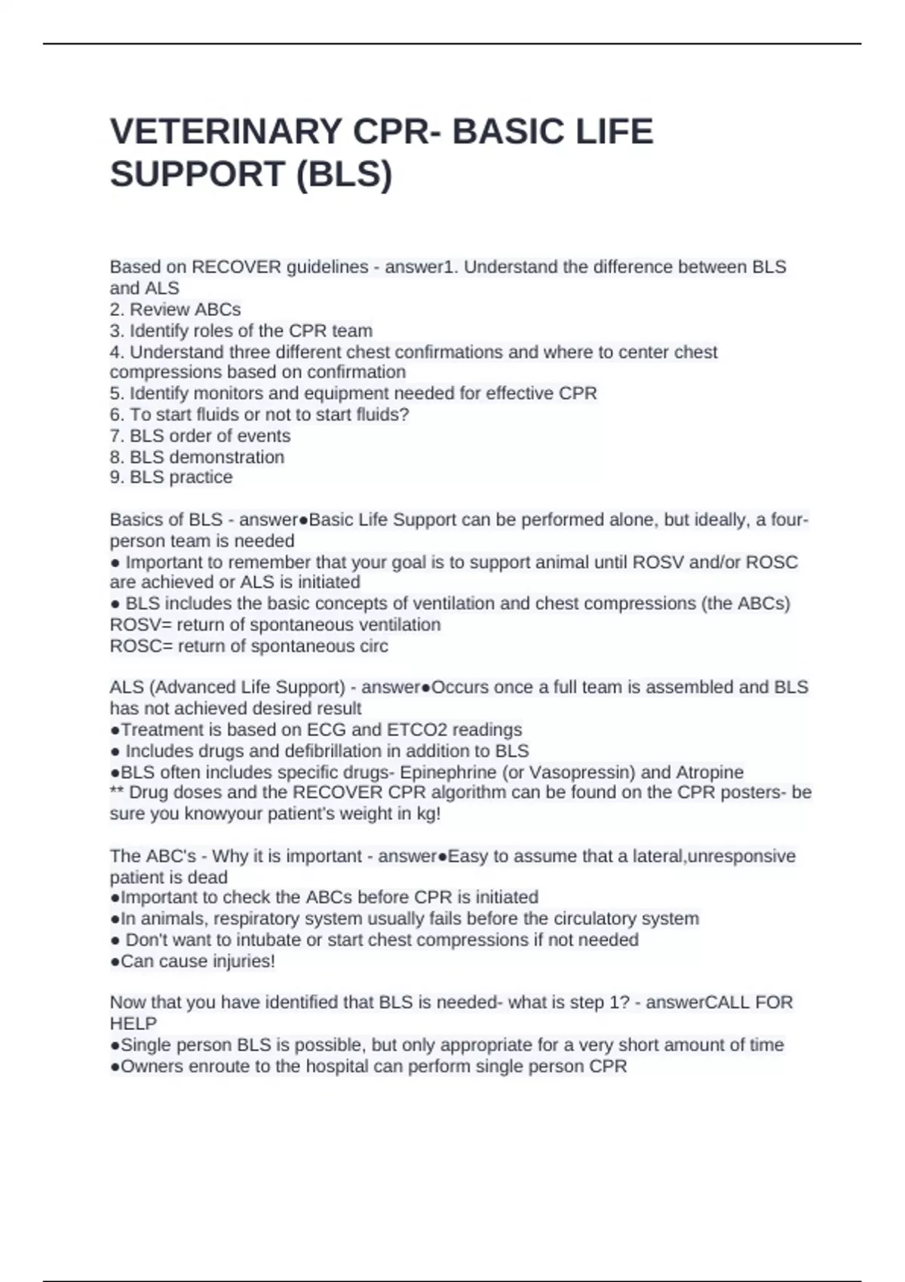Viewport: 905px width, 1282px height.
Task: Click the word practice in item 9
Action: (201, 477)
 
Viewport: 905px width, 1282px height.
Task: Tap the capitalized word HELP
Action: (133, 1024)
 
